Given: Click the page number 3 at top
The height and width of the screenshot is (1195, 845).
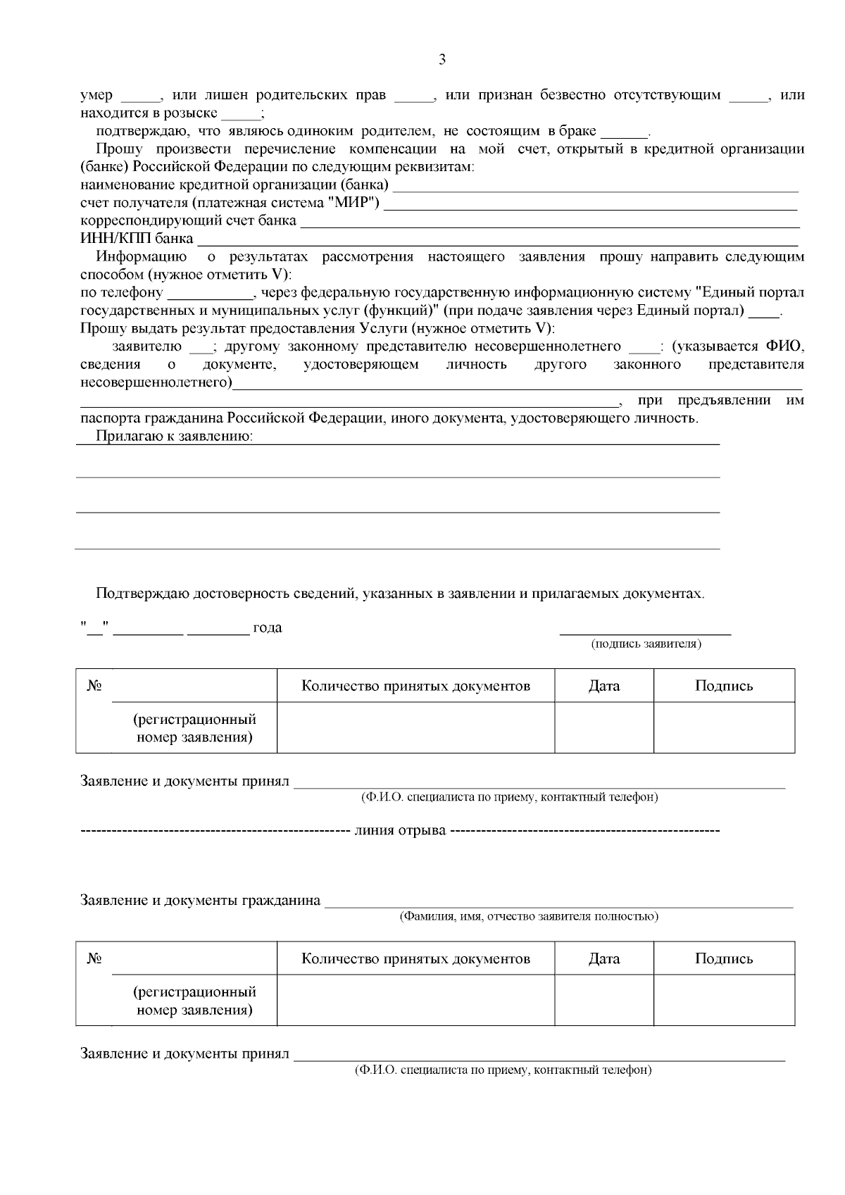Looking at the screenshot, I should [x=442, y=60].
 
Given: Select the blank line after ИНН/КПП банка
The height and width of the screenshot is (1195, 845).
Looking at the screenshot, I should [x=497, y=239].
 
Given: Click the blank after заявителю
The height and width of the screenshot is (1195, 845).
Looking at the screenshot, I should [x=201, y=347].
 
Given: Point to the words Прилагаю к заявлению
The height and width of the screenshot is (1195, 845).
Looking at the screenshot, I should [x=175, y=437].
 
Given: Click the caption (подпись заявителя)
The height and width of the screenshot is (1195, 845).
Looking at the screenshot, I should [x=646, y=644].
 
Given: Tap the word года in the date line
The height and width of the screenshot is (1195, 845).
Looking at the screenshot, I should [x=268, y=627].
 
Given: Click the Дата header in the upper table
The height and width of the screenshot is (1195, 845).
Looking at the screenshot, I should [x=604, y=686].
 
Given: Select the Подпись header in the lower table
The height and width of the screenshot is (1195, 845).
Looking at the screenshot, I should [x=724, y=958].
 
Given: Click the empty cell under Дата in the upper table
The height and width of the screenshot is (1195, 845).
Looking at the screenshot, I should [x=604, y=727].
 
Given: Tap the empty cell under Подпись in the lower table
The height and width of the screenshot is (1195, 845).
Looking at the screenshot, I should [x=724, y=1000].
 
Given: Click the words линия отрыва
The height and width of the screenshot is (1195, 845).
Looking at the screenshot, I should [x=400, y=830].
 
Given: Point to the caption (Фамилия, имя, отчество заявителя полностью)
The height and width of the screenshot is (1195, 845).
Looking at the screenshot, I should [x=528, y=917].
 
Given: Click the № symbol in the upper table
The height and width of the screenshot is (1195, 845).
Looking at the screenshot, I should [x=94, y=686].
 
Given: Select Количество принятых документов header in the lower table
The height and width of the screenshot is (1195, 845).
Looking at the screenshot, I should [x=415, y=958].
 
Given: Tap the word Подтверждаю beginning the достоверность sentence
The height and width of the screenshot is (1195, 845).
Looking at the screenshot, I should [x=143, y=593].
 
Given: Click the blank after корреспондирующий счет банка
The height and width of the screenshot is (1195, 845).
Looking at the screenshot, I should [x=549, y=222].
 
